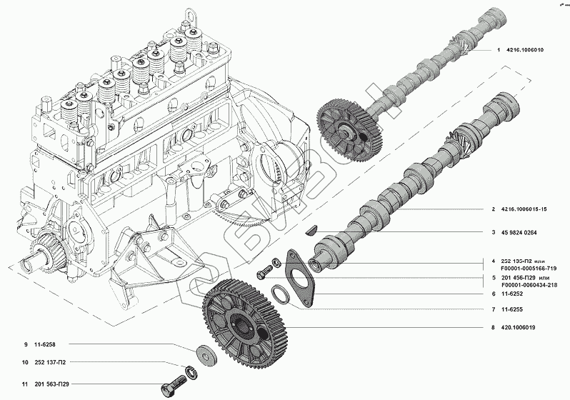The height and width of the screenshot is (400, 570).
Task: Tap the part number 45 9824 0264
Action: click(x=524, y=232)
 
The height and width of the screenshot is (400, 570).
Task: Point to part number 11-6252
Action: click(x=515, y=294)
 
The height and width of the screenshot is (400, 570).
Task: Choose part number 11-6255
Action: click(x=515, y=309)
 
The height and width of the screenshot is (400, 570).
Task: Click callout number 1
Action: click(x=498, y=50)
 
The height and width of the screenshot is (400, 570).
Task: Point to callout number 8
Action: click(x=493, y=328)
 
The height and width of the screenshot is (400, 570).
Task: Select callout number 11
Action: click(x=25, y=385)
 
